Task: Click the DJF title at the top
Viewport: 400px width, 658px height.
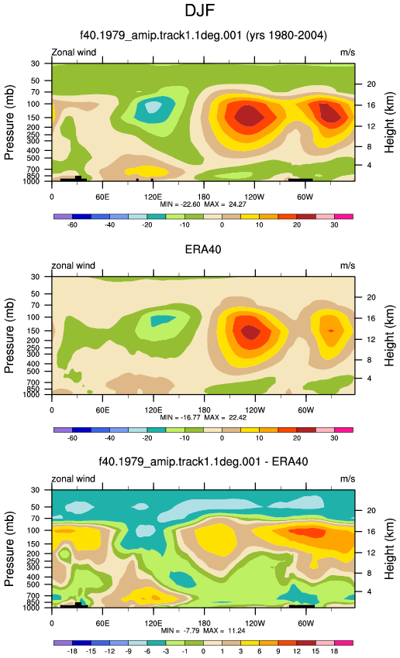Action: [199, 11]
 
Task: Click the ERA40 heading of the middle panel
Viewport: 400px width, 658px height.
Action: [203, 250]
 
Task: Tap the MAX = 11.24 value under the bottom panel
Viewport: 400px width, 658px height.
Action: [224, 631]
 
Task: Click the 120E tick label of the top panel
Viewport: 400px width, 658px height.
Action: [153, 197]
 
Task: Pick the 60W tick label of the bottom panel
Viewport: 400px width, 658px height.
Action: [306, 623]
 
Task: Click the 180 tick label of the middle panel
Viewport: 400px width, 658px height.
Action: [204, 410]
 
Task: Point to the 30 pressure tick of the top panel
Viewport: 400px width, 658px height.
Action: [35, 63]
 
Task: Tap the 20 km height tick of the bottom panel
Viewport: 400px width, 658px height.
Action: [371, 511]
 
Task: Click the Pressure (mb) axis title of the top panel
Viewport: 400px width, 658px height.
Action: [9, 122]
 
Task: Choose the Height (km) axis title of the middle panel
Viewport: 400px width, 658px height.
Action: [389, 336]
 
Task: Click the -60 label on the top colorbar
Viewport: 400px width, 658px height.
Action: [72, 225]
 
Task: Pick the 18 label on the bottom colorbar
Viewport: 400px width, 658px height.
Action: [334, 651]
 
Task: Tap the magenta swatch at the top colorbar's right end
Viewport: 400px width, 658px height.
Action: [343, 217]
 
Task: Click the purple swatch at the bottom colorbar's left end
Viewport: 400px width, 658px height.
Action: [63, 643]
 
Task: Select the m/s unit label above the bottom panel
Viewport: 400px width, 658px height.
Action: [347, 479]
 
